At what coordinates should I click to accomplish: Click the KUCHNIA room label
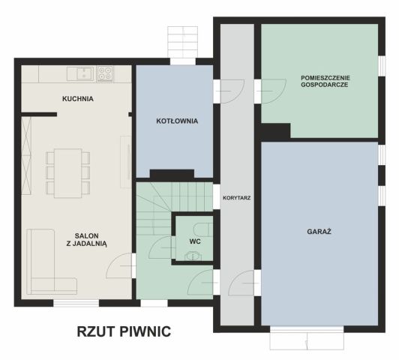coord(78,98)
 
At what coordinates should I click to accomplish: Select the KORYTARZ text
coord(236,198)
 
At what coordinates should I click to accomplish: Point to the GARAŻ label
coord(319,231)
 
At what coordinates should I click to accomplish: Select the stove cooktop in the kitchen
coord(105,73)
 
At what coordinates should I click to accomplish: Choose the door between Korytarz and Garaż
coord(244,286)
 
